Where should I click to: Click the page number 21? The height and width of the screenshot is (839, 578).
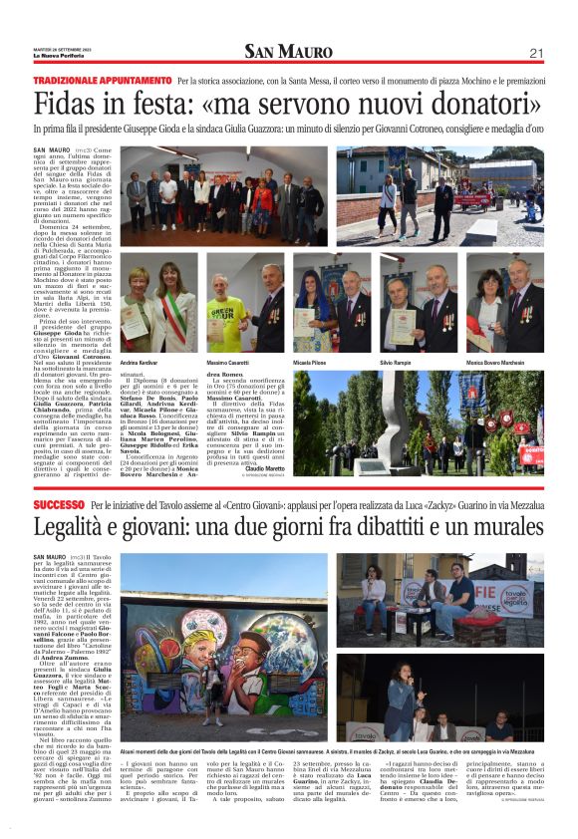pos(535,52)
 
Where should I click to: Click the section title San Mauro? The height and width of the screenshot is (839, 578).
pos(288,52)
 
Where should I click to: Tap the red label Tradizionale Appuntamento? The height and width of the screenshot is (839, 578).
pos(102,80)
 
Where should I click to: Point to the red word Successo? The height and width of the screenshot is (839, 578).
pos(58,506)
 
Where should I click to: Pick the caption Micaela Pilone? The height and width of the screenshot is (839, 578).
pos(309,363)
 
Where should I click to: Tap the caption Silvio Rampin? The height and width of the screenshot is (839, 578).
pos(397,363)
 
